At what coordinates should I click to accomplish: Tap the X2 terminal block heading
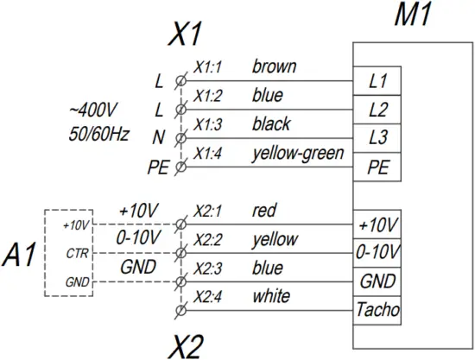point(186,345)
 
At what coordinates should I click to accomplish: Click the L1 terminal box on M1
point(377,83)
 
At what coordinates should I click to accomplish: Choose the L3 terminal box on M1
point(377,138)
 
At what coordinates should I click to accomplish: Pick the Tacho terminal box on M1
point(377,309)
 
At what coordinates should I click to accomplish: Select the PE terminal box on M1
point(377,167)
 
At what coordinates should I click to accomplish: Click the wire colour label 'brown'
point(274,66)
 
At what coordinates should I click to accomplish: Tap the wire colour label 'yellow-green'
point(298,153)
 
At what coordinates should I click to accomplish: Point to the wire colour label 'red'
point(263,210)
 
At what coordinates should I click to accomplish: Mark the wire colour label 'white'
point(270,296)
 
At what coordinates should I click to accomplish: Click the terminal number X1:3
point(209,125)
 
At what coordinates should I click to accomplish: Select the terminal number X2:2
point(209,240)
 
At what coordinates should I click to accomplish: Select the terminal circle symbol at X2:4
point(180,310)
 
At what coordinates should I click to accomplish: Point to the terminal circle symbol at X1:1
point(180,80)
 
